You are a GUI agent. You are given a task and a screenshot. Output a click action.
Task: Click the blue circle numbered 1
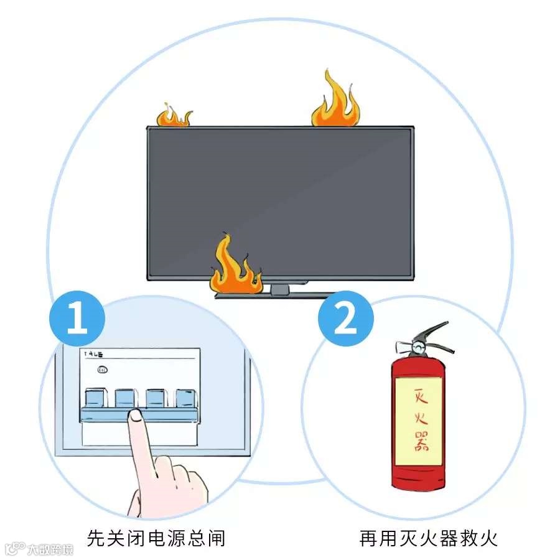pyautogui.click(x=77, y=319)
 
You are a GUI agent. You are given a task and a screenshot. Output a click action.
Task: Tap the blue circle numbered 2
pyautogui.click(x=346, y=319)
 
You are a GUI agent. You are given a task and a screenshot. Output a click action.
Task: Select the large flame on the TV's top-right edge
pyautogui.click(x=335, y=103)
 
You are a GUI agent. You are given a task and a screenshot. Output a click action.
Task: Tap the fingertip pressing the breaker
pyautogui.click(x=134, y=418)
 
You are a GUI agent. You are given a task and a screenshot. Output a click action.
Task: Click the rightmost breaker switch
pyautogui.click(x=185, y=398)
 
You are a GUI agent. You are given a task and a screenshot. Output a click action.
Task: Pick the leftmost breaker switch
pyautogui.click(x=95, y=398)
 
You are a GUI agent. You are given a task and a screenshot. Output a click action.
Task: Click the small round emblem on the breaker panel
pyautogui.click(x=103, y=370)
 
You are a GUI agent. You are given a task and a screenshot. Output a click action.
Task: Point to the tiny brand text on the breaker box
pyautogui.click(x=94, y=353)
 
